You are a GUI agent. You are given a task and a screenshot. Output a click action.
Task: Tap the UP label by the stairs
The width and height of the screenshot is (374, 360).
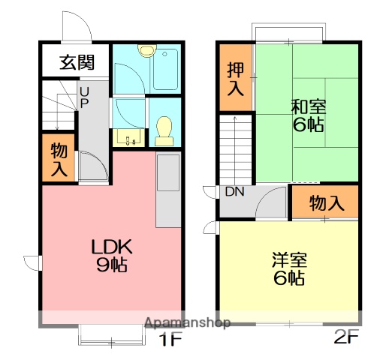[84, 95]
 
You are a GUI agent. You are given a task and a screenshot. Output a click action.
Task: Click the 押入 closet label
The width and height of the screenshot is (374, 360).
[235, 78]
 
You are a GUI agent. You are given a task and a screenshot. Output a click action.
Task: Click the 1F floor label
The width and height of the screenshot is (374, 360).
[170, 339]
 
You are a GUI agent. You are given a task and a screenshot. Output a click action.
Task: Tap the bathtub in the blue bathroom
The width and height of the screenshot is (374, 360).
[164, 69]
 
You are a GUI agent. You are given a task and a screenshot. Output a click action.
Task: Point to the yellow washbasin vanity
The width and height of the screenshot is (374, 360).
[128, 137]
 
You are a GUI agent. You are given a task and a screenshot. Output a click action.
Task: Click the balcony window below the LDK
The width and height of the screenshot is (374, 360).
[111, 336]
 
